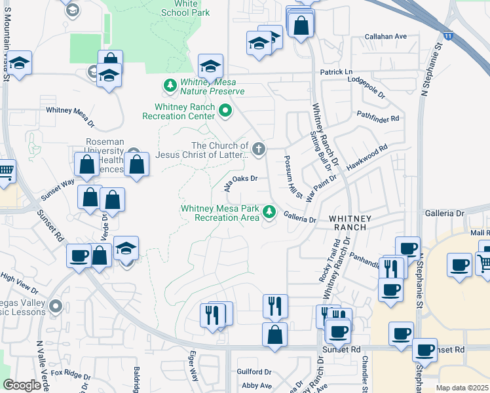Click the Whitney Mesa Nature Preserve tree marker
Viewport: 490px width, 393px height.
170,85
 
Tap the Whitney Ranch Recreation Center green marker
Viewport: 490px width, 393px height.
226,111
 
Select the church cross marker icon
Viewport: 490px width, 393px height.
259,149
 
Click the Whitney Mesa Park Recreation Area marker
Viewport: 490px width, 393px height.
269,212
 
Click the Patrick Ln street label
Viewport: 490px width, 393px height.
336,71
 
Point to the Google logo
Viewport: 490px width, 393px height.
22,385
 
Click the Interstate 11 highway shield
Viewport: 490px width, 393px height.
447,36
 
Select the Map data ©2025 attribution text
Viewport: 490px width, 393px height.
462,388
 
